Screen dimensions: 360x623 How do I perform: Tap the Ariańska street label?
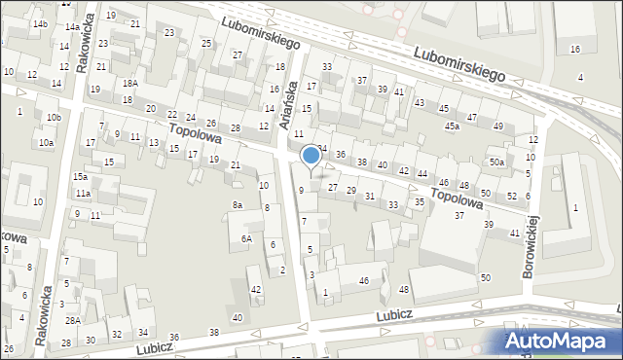tap(286, 103)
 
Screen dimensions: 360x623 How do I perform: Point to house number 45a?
tap(453, 126)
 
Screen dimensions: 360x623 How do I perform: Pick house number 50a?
tap(496, 162)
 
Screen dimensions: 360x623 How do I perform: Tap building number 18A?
tap(128, 84)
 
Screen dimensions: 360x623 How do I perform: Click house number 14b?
tap(39, 23)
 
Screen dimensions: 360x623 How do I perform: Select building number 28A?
tap(72, 320)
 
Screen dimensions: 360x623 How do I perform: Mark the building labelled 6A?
tap(247, 238)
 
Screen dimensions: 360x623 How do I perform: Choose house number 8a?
tap(237, 205)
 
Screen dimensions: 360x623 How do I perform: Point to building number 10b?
tap(54, 118)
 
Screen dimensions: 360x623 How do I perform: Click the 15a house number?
tap(81, 177)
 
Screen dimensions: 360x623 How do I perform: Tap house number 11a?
tap(85, 195)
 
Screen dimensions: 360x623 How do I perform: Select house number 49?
tap(498, 126)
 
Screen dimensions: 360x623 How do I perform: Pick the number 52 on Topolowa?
tap(511, 196)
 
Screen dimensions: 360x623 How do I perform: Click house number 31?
tap(370, 197)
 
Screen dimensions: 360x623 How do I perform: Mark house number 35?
tap(420, 201)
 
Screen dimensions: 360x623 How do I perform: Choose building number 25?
tap(206, 44)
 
